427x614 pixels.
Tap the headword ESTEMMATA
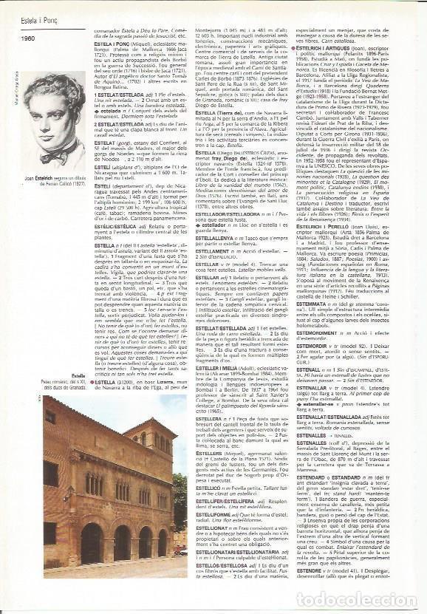click(x=315, y=303)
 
